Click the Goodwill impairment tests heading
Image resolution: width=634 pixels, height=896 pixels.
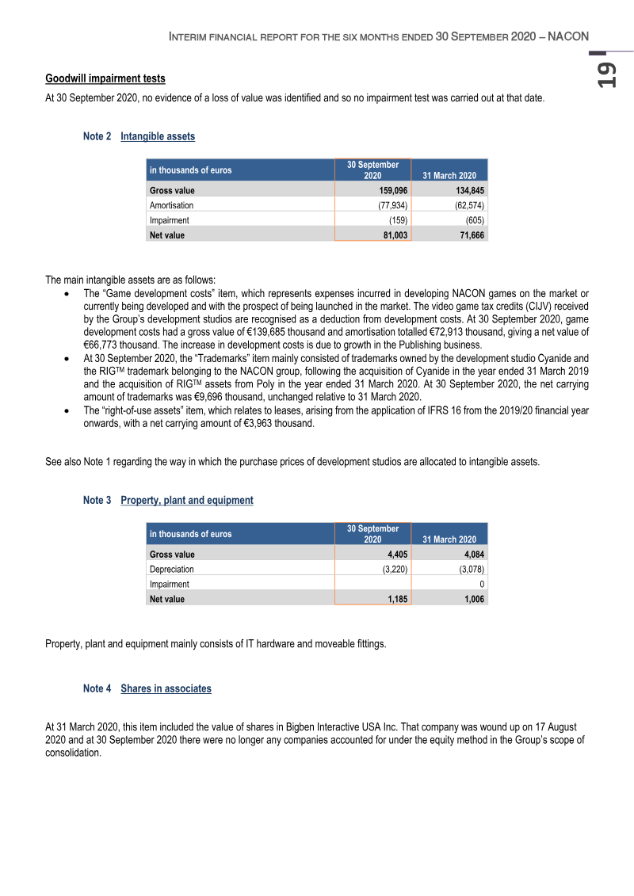pyautogui.click(x=105, y=78)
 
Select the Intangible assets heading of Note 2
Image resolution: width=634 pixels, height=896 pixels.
pyautogui.click(x=158, y=136)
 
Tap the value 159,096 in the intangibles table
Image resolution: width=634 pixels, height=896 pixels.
pyautogui.click(x=392, y=190)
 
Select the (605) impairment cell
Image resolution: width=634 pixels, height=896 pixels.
pyautogui.click(x=475, y=220)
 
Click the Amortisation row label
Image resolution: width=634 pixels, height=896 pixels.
pyautogui.click(x=171, y=205)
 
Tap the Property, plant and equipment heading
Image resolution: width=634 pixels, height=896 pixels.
pyautogui.click(x=187, y=500)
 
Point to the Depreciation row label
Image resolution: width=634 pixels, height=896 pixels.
pyautogui.click(x=171, y=569)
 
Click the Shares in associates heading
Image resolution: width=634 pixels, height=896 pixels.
pyautogui.click(x=166, y=688)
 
